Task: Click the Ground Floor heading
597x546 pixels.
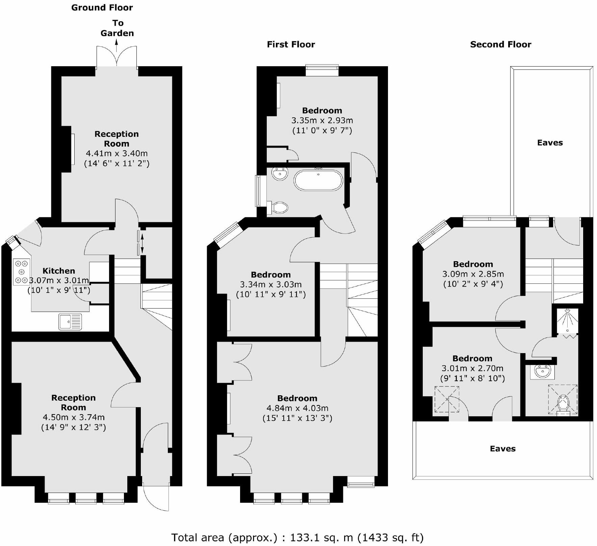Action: coord(102,8)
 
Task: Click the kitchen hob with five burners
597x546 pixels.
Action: coord(22,272)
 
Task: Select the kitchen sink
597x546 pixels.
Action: coord(70,321)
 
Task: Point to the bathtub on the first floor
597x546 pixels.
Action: coord(318,180)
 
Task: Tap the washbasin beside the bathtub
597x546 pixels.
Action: coord(280,174)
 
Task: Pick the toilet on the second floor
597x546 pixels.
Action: coord(564,404)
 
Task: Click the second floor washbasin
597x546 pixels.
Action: coord(543,372)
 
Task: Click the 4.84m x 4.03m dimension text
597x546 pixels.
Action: coord(297,408)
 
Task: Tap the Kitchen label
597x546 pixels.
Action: coord(59,271)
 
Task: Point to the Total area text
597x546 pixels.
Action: coord(297,537)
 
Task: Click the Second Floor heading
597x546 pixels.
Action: coord(500,44)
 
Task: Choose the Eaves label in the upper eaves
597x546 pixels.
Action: coord(550,143)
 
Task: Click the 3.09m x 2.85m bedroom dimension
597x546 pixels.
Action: coord(473,274)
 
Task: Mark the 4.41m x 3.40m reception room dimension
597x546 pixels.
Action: coord(116,153)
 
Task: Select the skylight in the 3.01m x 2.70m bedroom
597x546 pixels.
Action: coord(447,399)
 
